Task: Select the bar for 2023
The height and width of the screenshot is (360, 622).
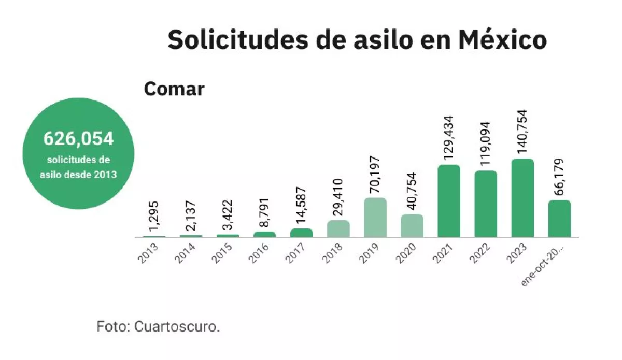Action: (x=522, y=198)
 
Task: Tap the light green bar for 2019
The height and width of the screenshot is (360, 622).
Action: (x=375, y=218)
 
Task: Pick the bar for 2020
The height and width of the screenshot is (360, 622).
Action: (x=412, y=225)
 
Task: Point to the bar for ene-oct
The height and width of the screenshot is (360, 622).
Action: (x=559, y=219)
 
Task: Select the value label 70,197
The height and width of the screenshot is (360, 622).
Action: (x=375, y=175)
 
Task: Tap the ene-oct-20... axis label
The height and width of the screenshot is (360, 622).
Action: (x=542, y=266)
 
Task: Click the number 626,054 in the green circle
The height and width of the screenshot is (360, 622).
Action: (x=78, y=138)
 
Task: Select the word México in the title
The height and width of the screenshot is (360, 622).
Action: (x=503, y=40)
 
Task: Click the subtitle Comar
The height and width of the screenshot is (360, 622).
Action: (x=174, y=89)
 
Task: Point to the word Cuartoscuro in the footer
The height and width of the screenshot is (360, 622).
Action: (x=177, y=326)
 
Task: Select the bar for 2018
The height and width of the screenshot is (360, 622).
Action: (x=338, y=228)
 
